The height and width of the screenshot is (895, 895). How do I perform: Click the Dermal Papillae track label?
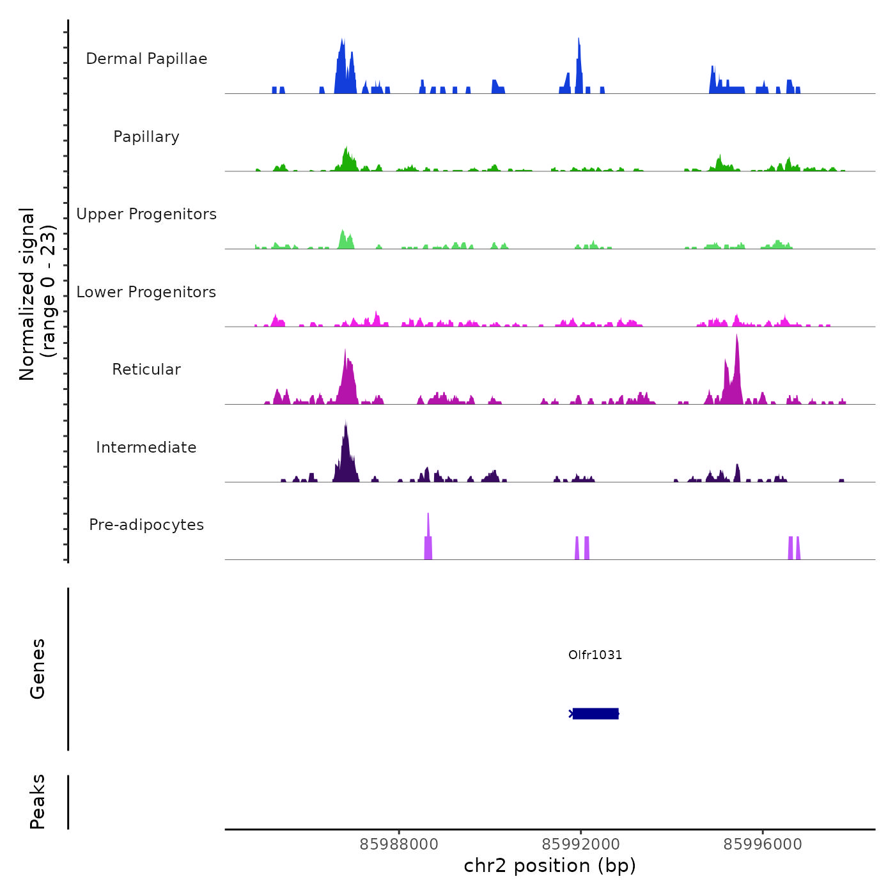(146, 59)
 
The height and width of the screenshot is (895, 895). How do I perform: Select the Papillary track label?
(146, 137)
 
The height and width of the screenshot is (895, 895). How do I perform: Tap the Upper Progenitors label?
(146, 214)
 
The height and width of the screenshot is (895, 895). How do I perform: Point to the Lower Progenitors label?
(146, 292)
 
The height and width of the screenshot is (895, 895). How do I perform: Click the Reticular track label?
(146, 370)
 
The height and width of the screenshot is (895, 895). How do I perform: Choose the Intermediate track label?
(146, 447)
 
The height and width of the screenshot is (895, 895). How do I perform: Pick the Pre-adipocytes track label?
(146, 525)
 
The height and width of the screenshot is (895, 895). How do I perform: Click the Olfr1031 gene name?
(595, 655)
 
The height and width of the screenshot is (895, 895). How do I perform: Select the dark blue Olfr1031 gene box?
(595, 713)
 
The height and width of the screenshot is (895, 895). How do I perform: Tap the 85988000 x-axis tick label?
(399, 844)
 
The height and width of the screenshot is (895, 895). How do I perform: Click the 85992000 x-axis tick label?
(580, 844)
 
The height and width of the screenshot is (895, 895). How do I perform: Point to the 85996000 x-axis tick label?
(763, 844)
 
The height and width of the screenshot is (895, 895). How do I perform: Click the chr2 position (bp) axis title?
(550, 866)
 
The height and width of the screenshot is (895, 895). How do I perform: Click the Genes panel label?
(37, 669)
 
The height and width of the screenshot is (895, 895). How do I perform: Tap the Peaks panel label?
(37, 802)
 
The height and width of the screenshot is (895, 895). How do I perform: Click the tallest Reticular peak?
(736, 371)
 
